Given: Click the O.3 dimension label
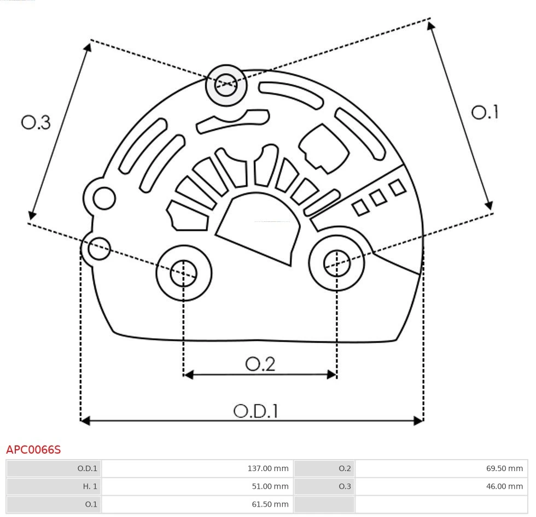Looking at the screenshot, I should pos(36,122).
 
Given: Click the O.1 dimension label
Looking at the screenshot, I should pos(485,112).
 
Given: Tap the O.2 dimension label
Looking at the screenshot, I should pos(260,364).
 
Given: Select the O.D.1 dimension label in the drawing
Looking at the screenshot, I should pos(256,411).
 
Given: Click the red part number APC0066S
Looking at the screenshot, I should pos(33,450).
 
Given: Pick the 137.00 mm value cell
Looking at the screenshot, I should pos(197,468).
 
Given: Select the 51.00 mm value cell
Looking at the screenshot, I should pos(197,486).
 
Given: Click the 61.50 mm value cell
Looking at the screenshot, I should pos(197,504).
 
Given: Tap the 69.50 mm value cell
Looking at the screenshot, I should pos(441,468).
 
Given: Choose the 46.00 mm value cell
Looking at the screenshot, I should pos(441,486).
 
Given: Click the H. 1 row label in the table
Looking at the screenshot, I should pos(54,486).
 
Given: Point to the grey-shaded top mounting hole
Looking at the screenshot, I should pos(226,85).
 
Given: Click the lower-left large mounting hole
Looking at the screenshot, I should pos(184,273).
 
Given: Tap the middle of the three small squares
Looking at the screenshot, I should pos(378,198).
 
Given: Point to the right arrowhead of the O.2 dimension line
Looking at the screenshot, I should pos(332,374).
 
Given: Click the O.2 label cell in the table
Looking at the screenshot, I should pos(324,468).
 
